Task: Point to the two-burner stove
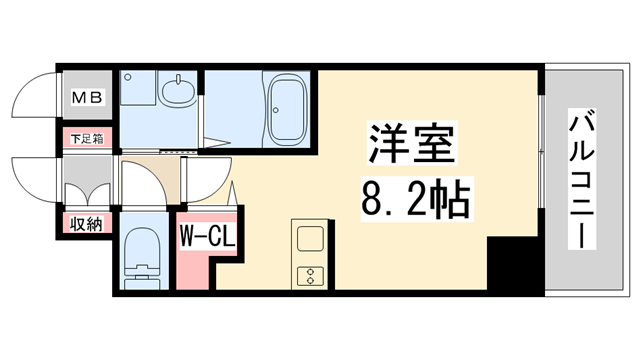pyautogui.click(x=307, y=274)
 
